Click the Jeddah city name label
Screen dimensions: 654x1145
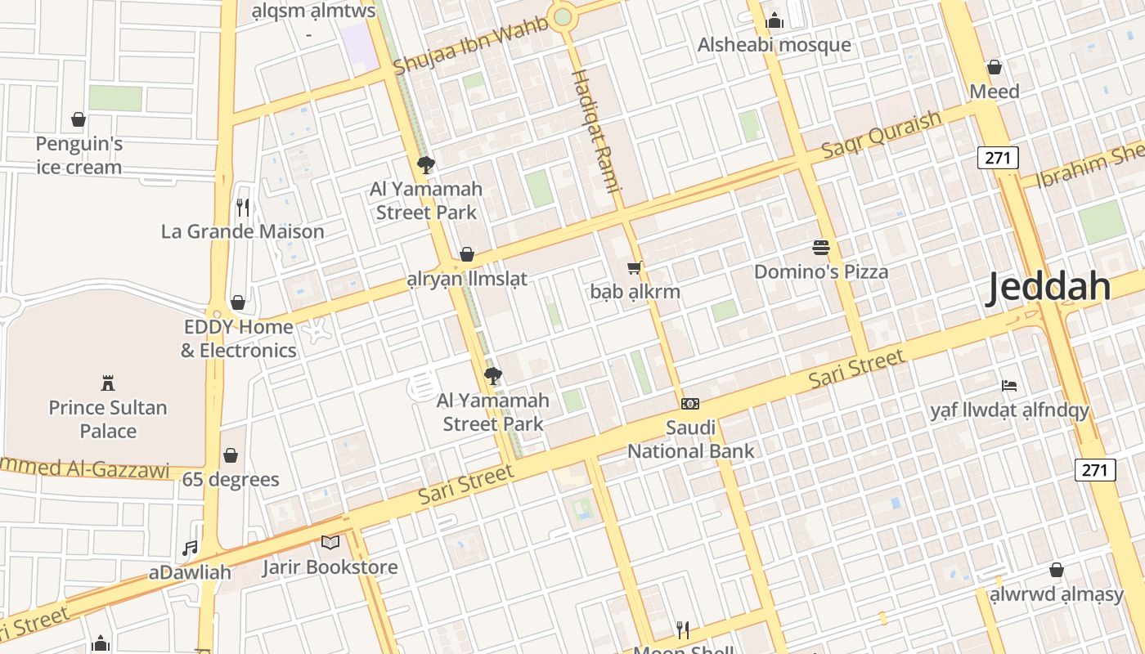(1048, 288)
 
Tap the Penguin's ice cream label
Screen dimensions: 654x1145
(79, 155)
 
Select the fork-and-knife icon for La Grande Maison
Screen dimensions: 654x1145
(242, 207)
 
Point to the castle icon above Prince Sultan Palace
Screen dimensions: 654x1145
(107, 383)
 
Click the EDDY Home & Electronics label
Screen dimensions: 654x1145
(238, 338)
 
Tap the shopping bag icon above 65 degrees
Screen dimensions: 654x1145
(231, 455)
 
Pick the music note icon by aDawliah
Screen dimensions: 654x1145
(190, 549)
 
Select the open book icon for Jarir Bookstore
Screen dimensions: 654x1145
(330, 542)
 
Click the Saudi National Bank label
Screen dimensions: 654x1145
(691, 439)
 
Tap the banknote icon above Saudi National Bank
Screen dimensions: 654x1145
(690, 404)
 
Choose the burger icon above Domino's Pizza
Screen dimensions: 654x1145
(821, 247)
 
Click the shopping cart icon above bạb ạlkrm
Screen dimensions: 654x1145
(635, 267)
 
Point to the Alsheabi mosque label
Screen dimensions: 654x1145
(774, 45)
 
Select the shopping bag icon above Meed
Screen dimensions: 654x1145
(995, 67)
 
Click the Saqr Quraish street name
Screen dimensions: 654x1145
(882, 134)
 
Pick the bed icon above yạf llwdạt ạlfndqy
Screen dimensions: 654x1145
(1009, 385)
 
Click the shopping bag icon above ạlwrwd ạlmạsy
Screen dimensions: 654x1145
(1057, 570)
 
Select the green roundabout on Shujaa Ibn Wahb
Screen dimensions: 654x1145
(562, 16)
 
